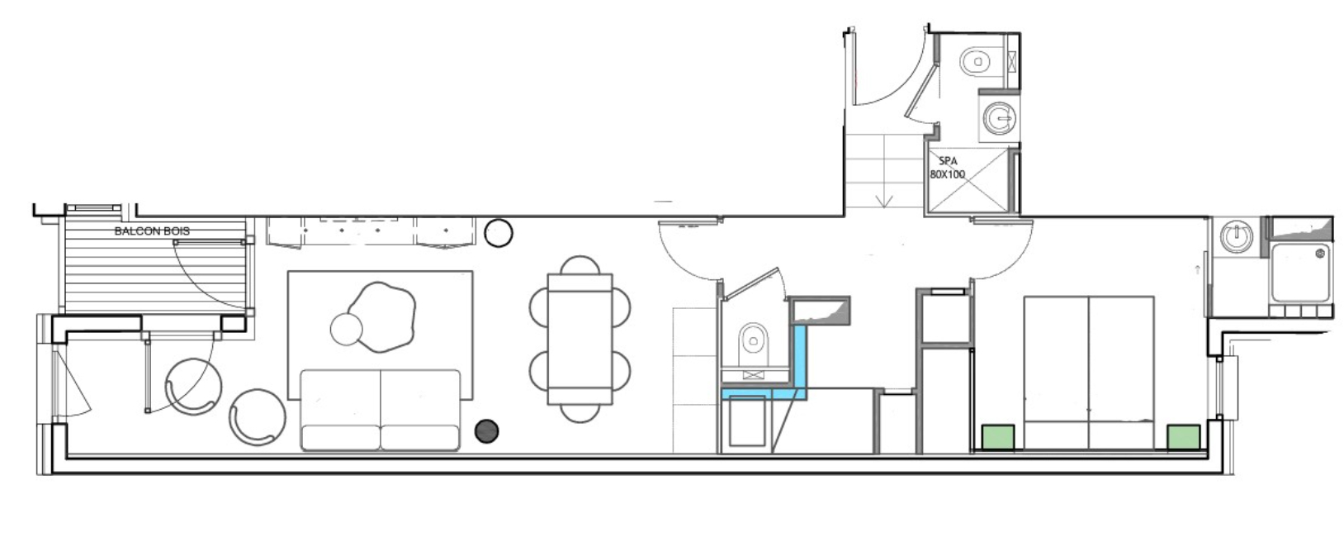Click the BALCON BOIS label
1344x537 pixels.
(152, 231)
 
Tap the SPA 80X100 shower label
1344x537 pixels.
(948, 168)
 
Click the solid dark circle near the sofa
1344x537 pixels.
(486, 431)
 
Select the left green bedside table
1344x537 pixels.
(998, 437)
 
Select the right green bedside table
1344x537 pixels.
(1184, 437)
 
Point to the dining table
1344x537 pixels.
(580, 339)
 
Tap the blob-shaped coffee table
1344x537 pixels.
(381, 316)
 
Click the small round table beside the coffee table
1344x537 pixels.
(346, 330)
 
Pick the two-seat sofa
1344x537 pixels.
(381, 410)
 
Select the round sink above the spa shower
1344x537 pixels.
(1000, 118)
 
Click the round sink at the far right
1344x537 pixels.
(1236, 236)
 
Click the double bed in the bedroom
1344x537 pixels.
(1088, 373)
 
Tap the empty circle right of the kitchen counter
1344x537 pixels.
(498, 233)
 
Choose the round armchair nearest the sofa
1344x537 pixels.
(258, 417)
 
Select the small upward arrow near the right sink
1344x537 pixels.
(1198, 270)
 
